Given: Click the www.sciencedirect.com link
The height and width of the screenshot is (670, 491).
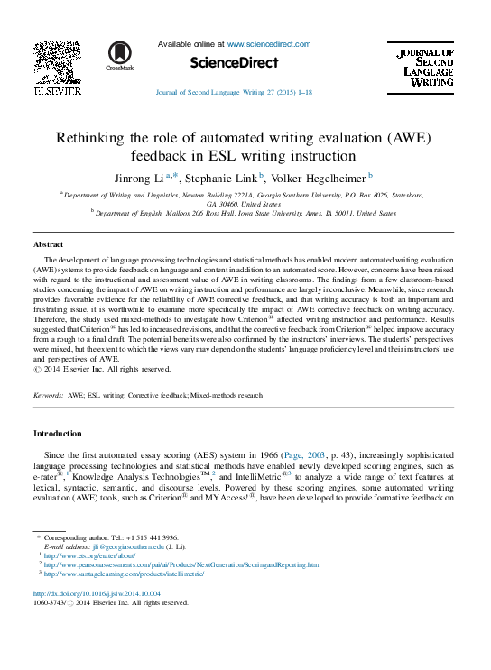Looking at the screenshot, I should point(268,43).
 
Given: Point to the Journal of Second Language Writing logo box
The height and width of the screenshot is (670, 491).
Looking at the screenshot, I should point(427,69).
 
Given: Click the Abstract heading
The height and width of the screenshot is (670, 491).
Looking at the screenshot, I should point(48,244).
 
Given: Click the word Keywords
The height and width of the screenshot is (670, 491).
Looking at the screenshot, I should point(48,396).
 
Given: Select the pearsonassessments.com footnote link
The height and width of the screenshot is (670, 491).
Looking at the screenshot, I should point(181,564).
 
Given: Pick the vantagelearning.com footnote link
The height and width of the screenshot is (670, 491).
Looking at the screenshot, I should point(125,574).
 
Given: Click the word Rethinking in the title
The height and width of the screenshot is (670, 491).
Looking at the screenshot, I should point(97,138).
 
